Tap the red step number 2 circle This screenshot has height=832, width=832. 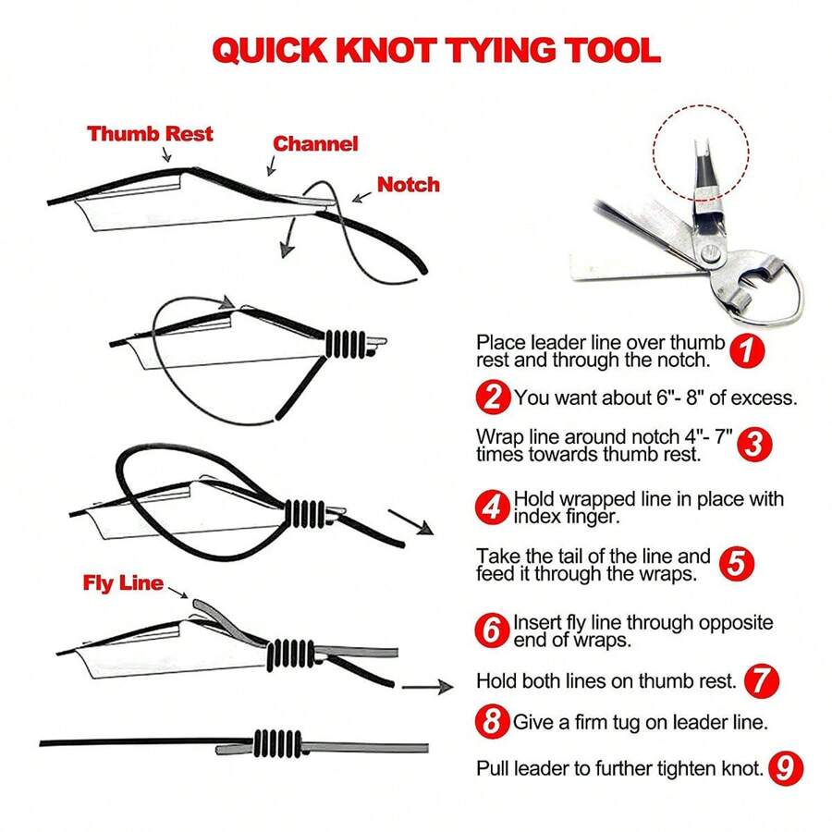(494, 398)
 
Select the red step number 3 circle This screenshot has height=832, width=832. (754, 444)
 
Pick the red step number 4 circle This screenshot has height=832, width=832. (494, 508)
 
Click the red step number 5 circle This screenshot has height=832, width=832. (735, 565)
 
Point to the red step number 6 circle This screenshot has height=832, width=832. (494, 630)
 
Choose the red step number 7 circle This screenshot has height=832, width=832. (762, 681)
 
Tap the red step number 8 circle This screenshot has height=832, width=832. (494, 720)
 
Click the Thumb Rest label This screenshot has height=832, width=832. (150, 133)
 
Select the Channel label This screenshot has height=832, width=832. (315, 143)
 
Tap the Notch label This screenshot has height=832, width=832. (408, 184)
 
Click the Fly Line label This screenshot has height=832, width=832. (122, 583)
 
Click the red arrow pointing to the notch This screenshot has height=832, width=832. (361, 192)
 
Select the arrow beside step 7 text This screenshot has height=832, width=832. (428, 687)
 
